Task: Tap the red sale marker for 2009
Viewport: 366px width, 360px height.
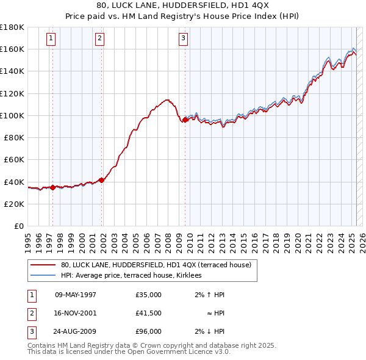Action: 185,120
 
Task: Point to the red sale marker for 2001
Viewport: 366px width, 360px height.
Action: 102,179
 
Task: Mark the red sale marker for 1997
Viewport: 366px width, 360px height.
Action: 52,187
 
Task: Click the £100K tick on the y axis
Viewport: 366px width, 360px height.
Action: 12,115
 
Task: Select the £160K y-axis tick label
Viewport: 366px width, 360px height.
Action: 12,49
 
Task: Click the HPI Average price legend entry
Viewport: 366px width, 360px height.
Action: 135,275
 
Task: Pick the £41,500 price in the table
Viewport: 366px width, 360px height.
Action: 149,313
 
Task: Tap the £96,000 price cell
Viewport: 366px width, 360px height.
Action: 149,331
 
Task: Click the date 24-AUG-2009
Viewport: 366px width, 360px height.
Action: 76,331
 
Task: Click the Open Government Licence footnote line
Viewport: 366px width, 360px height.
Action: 129,351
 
